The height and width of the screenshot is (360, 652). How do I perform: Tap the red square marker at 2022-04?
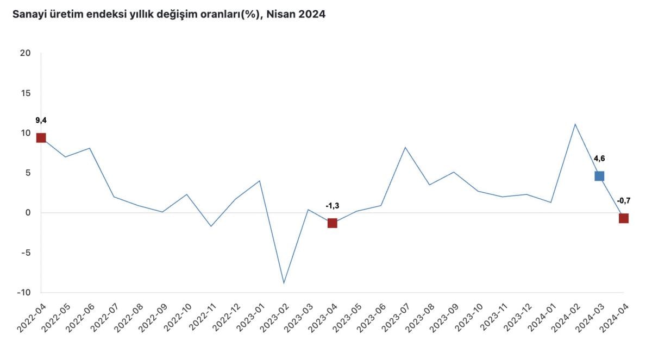41,137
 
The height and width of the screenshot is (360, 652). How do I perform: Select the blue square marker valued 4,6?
599,175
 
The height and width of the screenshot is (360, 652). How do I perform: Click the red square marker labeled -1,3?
332,223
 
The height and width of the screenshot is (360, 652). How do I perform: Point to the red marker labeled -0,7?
623,218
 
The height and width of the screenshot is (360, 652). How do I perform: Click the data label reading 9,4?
41,121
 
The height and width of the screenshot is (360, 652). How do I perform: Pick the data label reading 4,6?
599,159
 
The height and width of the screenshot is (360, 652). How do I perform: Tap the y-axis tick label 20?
24,53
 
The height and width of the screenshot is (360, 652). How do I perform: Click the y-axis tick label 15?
24,93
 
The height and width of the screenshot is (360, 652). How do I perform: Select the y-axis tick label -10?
23,293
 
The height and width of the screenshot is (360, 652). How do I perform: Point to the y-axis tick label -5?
24,252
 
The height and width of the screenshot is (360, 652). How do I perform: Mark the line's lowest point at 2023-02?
284,283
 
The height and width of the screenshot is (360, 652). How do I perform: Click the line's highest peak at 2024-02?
575,124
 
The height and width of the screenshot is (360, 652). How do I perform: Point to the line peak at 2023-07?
405,147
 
